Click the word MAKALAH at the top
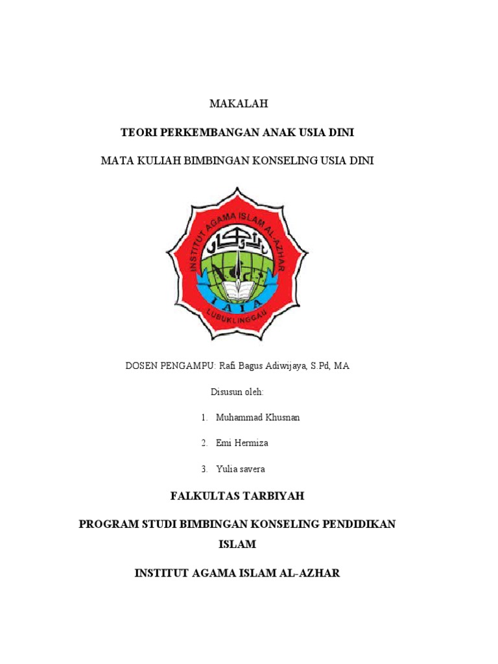(237, 104)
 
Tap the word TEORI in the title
(137, 132)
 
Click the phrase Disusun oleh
(237, 392)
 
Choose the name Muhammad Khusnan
(258, 418)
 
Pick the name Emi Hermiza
(243, 444)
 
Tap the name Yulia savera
(241, 469)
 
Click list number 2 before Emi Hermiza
(204, 444)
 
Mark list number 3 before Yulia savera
(204, 469)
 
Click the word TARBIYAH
(273, 496)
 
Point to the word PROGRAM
(106, 524)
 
